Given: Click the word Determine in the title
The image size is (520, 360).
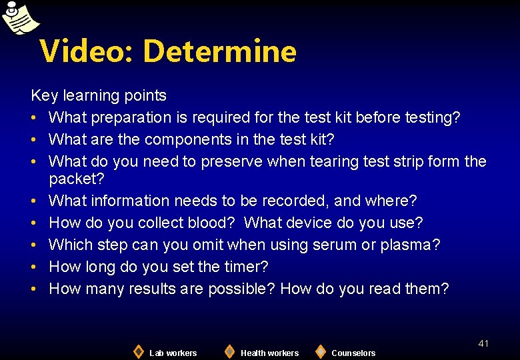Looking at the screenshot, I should [219, 51].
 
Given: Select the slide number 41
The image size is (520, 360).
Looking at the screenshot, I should [483, 343].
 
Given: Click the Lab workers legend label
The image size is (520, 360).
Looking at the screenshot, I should [173, 353].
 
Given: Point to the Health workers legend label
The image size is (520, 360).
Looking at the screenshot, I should [269, 353].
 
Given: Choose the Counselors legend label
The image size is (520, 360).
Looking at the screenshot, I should [353, 353].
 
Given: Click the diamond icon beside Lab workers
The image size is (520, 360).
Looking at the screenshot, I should [138, 351].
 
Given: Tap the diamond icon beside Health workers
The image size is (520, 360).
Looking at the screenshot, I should [229, 351].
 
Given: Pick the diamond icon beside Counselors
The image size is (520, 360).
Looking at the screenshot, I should [321, 351].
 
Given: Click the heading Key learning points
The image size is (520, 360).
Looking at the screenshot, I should [99, 96].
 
